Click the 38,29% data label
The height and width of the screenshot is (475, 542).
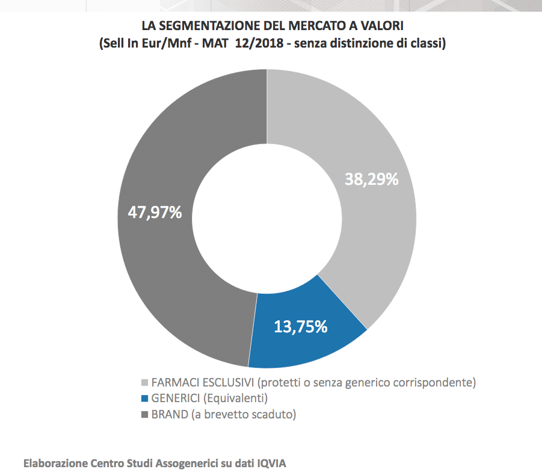371,179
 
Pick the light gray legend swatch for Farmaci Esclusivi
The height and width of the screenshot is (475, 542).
144,383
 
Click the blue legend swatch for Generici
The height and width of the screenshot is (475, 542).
144,399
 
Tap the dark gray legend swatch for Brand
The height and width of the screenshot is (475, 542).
144,415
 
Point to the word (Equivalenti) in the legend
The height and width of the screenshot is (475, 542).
235,399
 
